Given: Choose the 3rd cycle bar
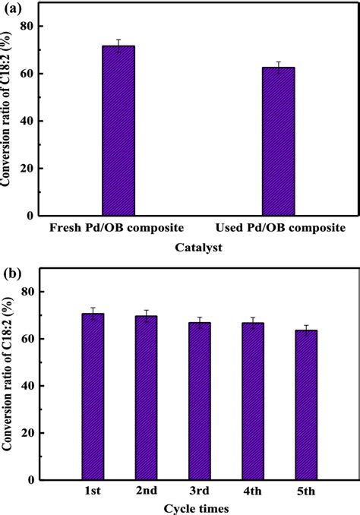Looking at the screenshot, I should pos(200,401).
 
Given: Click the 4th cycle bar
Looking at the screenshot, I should pos(253,401).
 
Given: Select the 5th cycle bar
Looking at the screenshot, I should pos(306,405).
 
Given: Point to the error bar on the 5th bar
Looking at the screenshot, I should pos(306,330).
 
